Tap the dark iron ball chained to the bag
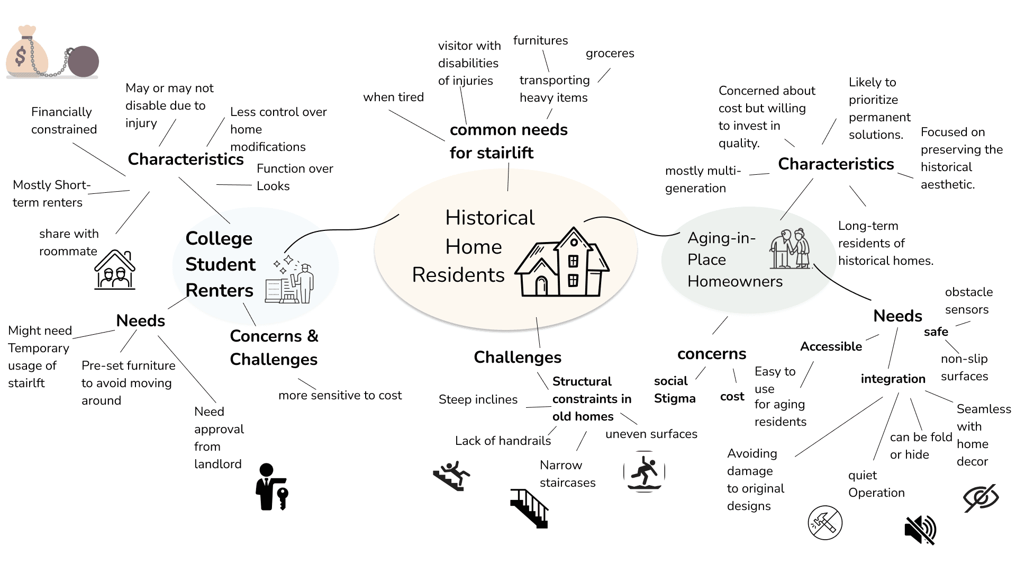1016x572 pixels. click(84, 61)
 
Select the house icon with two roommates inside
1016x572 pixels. click(115, 270)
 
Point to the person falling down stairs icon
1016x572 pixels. click(451, 476)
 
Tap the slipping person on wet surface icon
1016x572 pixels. click(644, 471)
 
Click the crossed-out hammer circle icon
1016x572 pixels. click(825, 523)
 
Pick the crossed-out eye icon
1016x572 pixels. click(981, 498)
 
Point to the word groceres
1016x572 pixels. click(610, 53)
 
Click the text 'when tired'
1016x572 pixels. click(393, 97)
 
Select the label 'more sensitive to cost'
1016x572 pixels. click(340, 396)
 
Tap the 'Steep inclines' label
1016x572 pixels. click(478, 400)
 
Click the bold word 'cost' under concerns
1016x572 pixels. click(732, 397)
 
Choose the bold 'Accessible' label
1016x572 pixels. click(831, 347)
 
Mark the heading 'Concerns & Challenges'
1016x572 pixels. click(274, 347)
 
